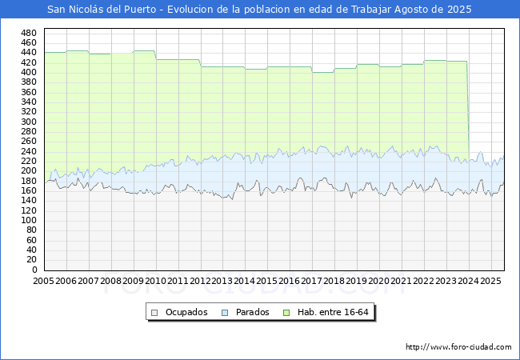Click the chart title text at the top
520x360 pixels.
tap(259, 10)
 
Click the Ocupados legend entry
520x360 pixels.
tap(185, 312)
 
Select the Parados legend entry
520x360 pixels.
tap(251, 312)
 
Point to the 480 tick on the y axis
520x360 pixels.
tap(29, 33)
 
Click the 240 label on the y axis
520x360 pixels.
tap(29, 151)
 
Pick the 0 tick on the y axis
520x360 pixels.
tap(34, 270)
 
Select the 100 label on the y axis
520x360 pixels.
tap(29, 221)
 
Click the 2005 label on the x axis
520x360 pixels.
tap(43, 281)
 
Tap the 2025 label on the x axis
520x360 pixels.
tap(491, 281)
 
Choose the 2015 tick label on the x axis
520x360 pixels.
tap(267, 281)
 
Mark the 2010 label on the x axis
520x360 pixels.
tap(155, 281)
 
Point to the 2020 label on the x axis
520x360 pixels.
tap(379, 281)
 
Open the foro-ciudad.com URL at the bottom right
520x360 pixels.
tap(458, 347)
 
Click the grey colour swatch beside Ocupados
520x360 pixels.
tap(155, 312)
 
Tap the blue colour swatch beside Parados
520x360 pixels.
tap(225, 312)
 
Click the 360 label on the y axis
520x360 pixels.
tap(29, 92)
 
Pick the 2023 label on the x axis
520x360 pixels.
tap(446, 281)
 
